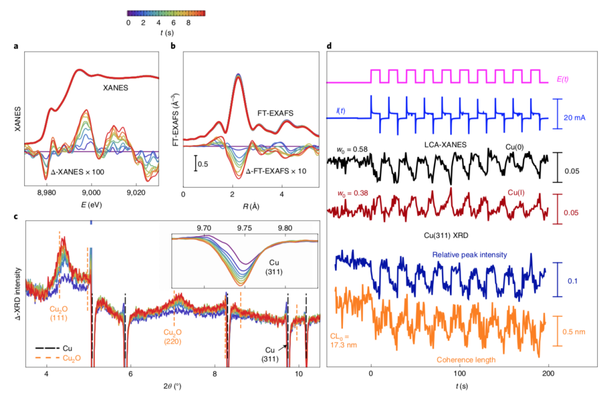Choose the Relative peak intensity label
469,255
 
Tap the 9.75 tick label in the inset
244,228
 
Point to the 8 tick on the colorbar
190,22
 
